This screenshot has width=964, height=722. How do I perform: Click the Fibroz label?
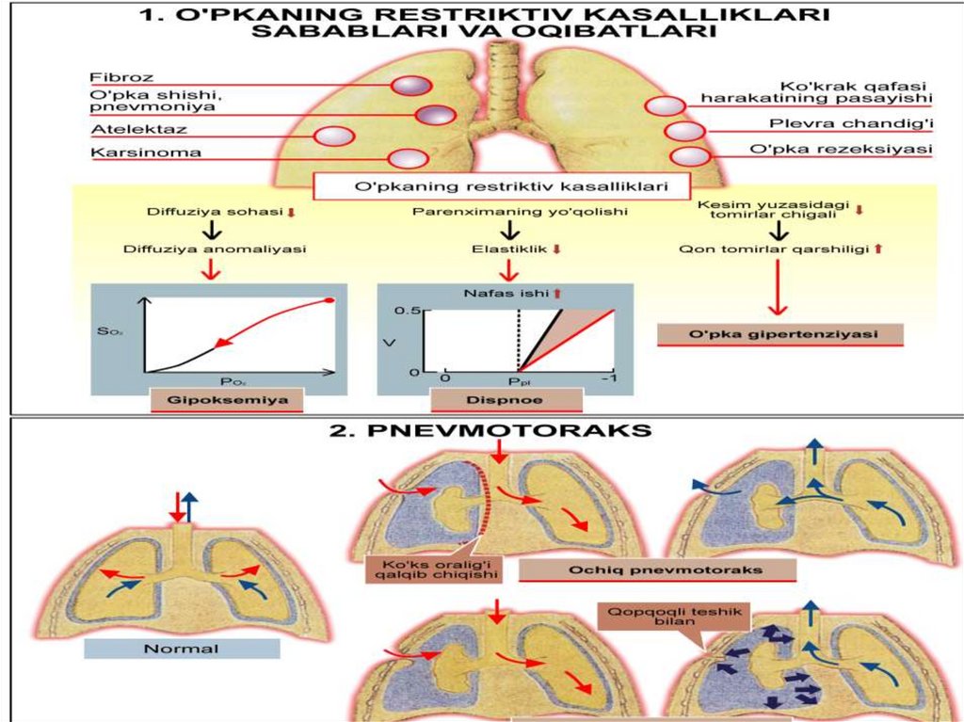[109, 77]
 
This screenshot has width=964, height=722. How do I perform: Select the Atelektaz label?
[125, 129]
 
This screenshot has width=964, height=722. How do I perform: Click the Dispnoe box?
[506, 400]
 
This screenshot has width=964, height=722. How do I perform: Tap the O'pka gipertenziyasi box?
[779, 335]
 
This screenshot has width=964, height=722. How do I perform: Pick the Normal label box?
[181, 649]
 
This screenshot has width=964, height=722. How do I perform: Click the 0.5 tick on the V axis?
[407, 310]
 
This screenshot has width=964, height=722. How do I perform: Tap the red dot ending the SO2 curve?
[329, 300]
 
